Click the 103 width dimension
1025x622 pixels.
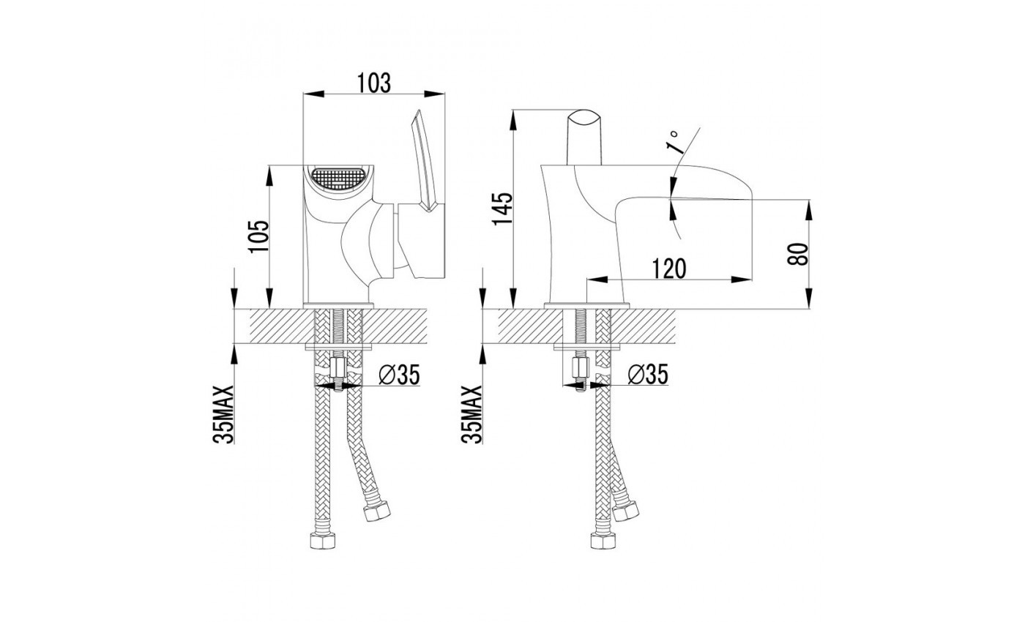(374, 83)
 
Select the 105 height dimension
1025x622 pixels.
(258, 236)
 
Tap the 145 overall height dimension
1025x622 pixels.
(503, 209)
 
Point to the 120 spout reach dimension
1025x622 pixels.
(668, 269)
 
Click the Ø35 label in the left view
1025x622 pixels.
(399, 375)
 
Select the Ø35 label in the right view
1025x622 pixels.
(648, 374)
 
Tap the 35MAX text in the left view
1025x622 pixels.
(224, 414)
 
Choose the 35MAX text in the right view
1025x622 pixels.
(471, 414)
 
